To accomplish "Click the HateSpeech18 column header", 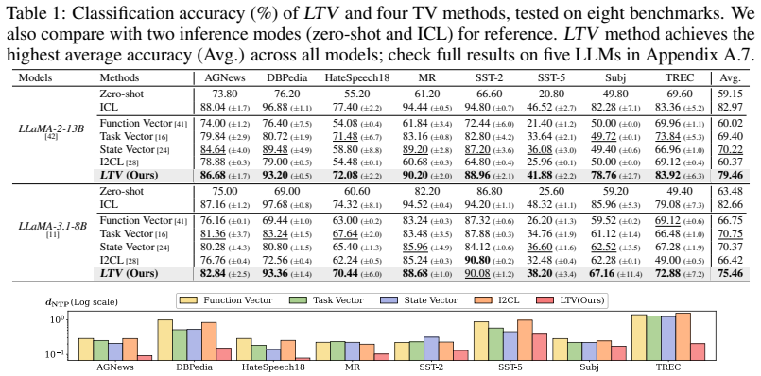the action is [356, 77].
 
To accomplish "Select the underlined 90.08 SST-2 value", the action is [477, 274].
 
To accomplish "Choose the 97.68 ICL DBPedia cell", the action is [279, 205].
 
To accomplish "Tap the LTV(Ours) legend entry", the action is [570, 300].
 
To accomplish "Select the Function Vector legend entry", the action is [225, 300].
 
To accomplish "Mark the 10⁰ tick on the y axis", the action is [58, 320].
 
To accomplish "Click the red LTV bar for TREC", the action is [697, 351].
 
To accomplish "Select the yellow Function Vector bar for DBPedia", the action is [165, 339].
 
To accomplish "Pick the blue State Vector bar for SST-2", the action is [431, 349].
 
